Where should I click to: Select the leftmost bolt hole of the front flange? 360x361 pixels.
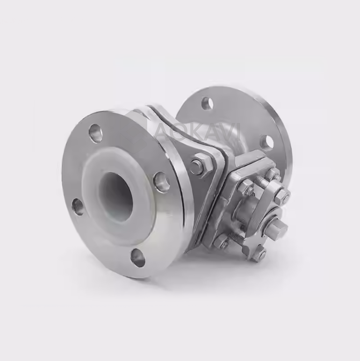tap(78, 207)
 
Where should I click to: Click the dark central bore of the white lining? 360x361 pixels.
tap(117, 197)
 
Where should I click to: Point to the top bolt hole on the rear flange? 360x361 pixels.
tap(207, 104)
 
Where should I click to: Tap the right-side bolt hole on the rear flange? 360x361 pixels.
tap(267, 142)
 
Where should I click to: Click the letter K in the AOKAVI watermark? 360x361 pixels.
tap(199, 132)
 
